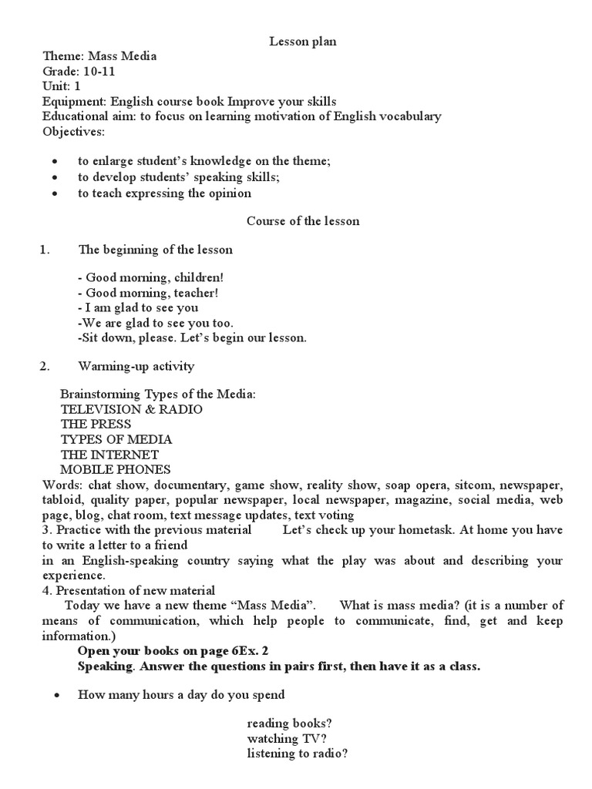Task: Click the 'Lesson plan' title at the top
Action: click(x=302, y=42)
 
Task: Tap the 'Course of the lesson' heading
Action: click(x=302, y=221)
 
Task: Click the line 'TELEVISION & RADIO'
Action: click(x=131, y=409)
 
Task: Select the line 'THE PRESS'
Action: click(x=96, y=425)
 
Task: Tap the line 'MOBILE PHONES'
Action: click(x=116, y=469)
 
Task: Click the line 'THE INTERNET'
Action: click(x=109, y=455)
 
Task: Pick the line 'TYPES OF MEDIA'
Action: click(x=116, y=439)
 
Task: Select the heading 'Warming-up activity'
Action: click(x=136, y=366)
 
